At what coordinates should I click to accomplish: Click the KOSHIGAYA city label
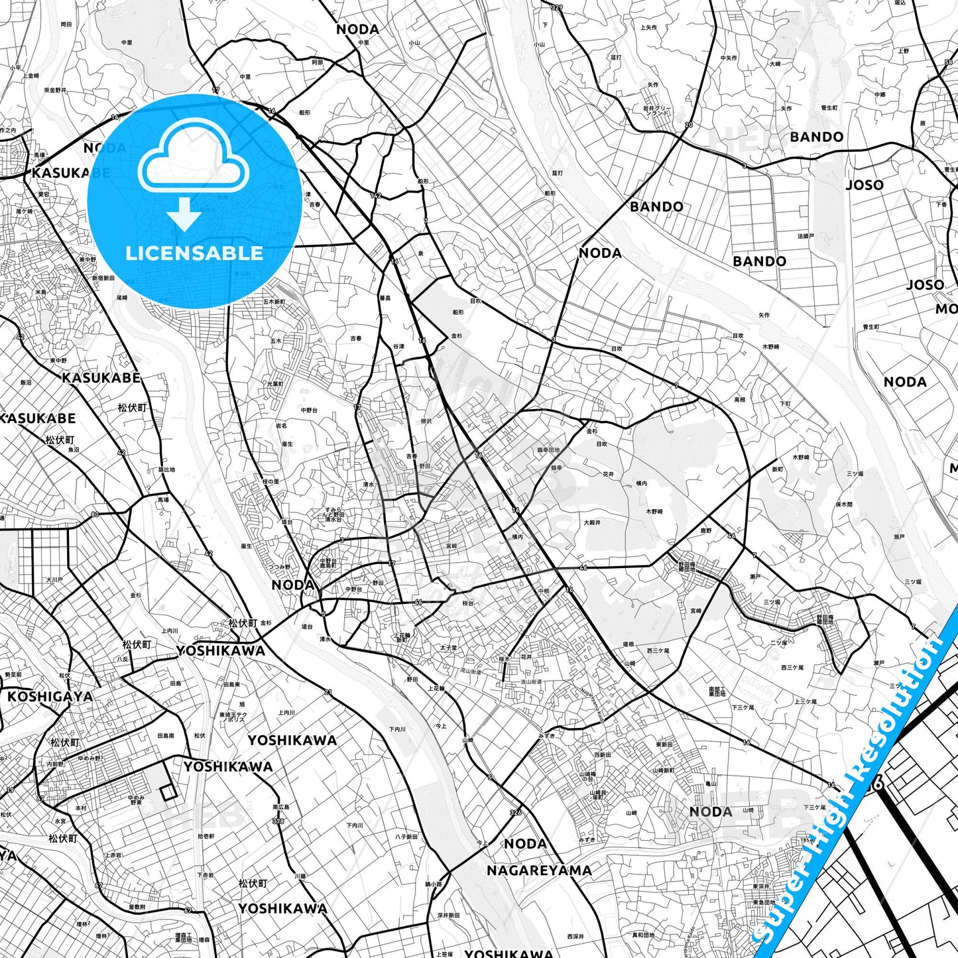50,697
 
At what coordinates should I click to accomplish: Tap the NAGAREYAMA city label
539,870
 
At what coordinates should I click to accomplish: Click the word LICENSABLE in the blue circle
194,253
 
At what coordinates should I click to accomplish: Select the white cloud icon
193,157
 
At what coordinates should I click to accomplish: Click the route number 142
376,196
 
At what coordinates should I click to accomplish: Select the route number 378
278,821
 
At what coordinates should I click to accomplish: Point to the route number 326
516,812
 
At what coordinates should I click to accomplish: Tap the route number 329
556,8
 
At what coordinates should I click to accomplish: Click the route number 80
95,514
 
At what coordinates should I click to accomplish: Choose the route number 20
689,125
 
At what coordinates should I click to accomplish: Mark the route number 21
328,692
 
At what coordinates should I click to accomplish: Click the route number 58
949,63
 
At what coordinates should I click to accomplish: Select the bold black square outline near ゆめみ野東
168,792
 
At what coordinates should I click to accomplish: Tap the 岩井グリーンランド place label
657,110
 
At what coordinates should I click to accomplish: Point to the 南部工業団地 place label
717,691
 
